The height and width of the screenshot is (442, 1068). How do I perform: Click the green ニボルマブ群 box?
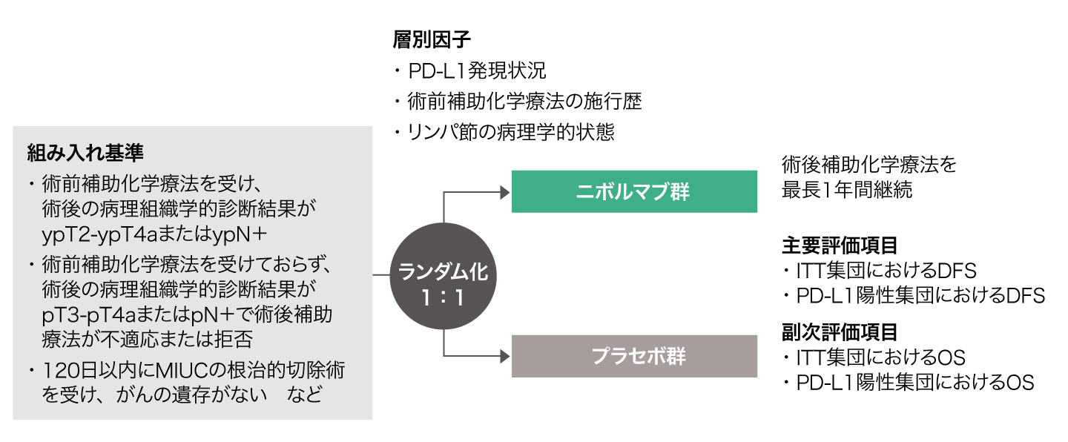coord(634,192)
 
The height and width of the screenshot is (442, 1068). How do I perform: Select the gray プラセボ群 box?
coord(634,356)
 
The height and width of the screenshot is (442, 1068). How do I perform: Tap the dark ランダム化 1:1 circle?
coord(444,283)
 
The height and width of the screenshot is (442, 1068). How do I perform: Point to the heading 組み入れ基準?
coord(85,153)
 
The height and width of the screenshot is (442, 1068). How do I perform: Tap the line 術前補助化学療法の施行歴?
coord(524,102)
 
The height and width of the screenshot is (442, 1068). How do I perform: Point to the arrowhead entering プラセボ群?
coord(505,356)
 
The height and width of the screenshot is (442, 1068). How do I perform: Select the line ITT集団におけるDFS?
coord(887,270)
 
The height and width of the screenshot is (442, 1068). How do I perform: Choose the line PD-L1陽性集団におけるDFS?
coord(920,295)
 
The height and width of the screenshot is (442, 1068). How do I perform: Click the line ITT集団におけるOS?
coord(881,357)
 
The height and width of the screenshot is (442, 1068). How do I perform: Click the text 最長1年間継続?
coord(846,190)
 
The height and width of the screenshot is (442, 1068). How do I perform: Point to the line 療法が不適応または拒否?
coord(148,340)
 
